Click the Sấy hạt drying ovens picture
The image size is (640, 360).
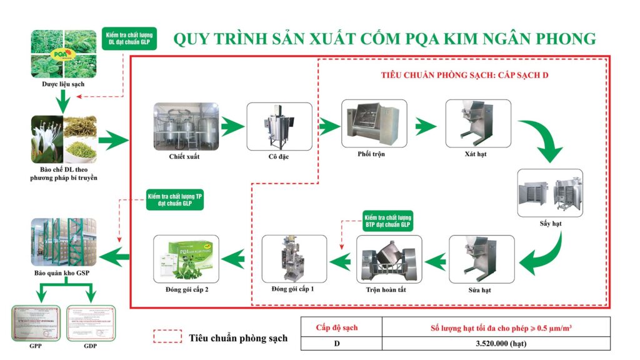point(550,192)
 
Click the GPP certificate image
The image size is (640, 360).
point(36,323)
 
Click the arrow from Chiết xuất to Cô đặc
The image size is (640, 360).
point(231,125)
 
